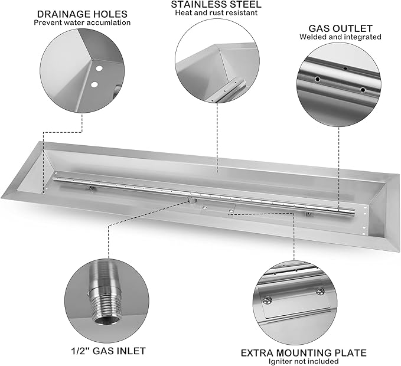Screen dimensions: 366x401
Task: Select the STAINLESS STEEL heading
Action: click(x=216, y=5)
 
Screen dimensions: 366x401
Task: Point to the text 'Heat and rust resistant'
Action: click(x=216, y=13)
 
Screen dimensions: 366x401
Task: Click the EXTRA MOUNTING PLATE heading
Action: click(x=304, y=353)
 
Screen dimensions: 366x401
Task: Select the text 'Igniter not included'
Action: click(x=304, y=361)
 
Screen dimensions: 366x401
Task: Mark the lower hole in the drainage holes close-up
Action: click(x=93, y=85)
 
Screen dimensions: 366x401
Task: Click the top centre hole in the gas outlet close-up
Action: click(x=345, y=68)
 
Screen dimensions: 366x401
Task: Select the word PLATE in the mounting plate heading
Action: click(x=348, y=353)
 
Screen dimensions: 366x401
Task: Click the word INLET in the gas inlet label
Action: click(x=129, y=351)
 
